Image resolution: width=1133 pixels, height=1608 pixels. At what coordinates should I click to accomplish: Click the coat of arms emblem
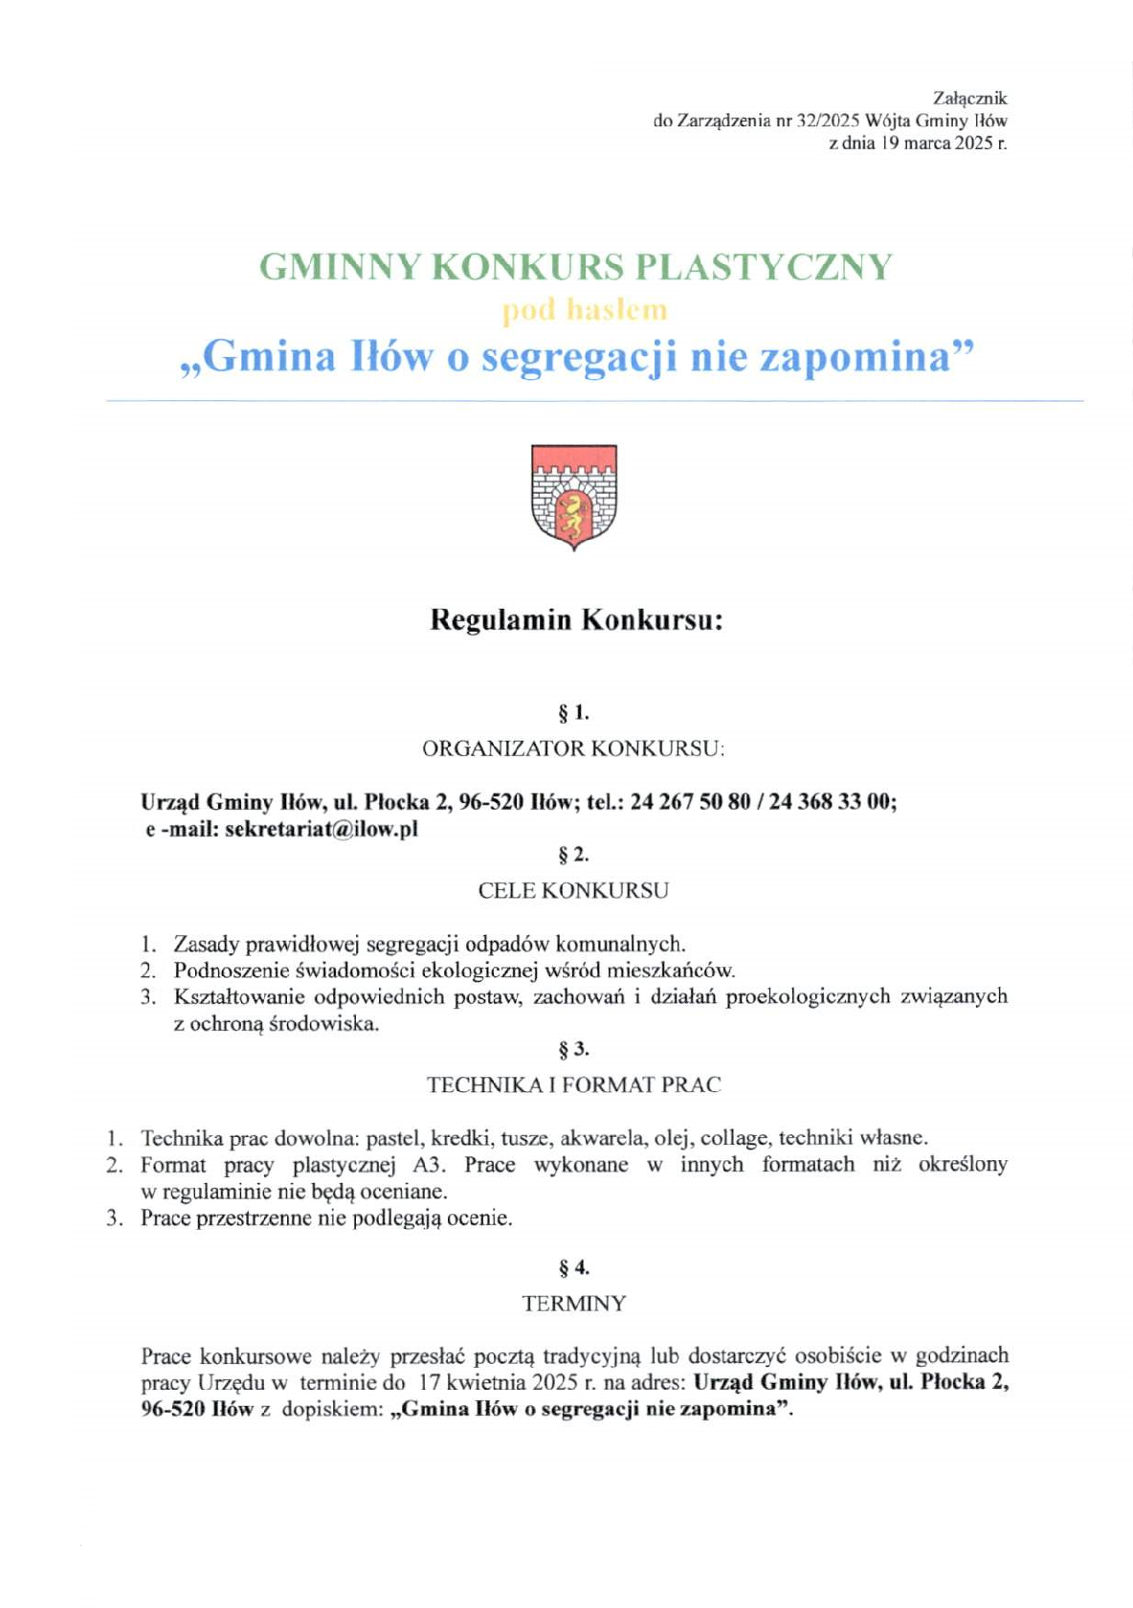pos(573,496)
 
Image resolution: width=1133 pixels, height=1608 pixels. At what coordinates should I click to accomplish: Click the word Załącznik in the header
pos(969,98)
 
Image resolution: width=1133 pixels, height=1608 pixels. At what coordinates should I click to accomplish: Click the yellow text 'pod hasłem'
pos(585,310)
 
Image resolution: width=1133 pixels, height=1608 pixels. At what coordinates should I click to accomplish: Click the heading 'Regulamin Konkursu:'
pos(576,619)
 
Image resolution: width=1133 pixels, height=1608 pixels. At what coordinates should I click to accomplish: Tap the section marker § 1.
pos(573,713)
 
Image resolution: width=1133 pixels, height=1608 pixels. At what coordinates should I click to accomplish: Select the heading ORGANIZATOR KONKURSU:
pos(573,748)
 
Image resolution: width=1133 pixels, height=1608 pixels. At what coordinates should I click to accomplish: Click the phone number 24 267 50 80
pos(690,802)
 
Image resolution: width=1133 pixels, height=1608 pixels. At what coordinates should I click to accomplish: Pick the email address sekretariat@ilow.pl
pos(322,829)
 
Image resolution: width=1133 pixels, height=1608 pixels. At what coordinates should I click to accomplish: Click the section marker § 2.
pos(573,855)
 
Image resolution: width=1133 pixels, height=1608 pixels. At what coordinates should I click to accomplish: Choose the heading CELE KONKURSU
pos(573,890)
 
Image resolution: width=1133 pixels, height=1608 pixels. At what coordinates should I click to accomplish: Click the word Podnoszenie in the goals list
pos(232,971)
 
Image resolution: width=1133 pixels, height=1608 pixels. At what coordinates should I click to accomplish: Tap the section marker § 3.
pos(573,1050)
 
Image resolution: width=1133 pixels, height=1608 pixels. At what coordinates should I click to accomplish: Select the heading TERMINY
pos(573,1304)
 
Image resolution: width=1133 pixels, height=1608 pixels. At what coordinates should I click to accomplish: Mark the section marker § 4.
pos(573,1268)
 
